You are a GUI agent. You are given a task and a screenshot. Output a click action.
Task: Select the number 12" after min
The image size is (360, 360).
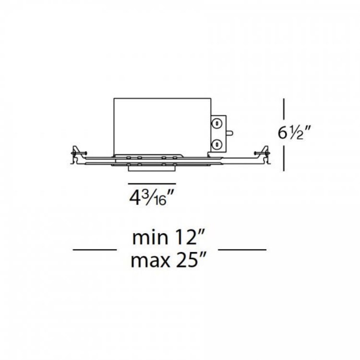(x=192, y=238)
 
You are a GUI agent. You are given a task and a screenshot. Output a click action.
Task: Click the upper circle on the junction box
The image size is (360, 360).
(x=216, y=124)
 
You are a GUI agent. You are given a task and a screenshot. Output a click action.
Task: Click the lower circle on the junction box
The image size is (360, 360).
(x=216, y=143)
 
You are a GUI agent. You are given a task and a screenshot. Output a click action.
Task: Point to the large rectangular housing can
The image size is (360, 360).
(x=161, y=125)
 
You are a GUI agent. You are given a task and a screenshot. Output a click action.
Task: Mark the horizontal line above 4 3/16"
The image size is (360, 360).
(x=152, y=184)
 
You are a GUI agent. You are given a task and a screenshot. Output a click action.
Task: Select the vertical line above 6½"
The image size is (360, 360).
(x=285, y=111)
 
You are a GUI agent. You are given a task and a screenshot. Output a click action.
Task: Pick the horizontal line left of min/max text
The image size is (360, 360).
(x=95, y=250)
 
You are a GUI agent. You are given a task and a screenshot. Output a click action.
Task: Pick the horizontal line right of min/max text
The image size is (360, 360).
(x=242, y=250)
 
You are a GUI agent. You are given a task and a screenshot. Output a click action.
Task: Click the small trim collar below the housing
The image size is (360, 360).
(x=152, y=167)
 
